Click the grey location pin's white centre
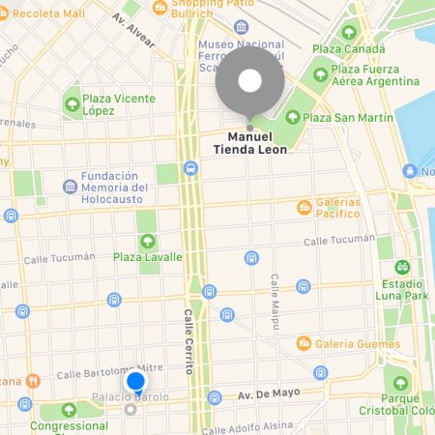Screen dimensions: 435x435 250,81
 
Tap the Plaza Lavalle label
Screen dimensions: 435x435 147,256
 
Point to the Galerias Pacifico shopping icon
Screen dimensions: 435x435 305,206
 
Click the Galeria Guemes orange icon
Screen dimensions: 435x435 304,343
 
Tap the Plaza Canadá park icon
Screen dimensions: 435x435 349,32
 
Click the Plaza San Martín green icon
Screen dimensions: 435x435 294,118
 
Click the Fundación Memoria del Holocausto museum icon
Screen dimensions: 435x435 71,186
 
